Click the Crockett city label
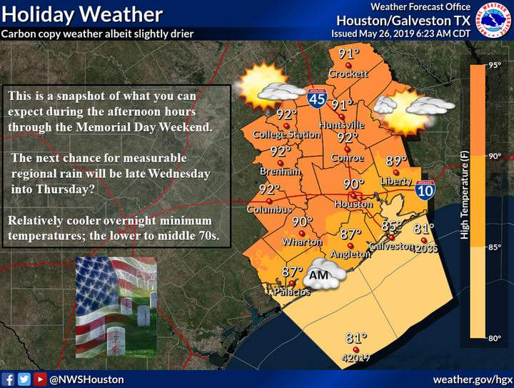pyautogui.click(x=348, y=74)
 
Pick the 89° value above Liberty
pyautogui.click(x=396, y=161)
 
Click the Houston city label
pyautogui.click(x=353, y=204)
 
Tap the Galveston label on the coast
pyautogui.click(x=390, y=247)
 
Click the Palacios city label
pyautogui.click(x=293, y=292)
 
